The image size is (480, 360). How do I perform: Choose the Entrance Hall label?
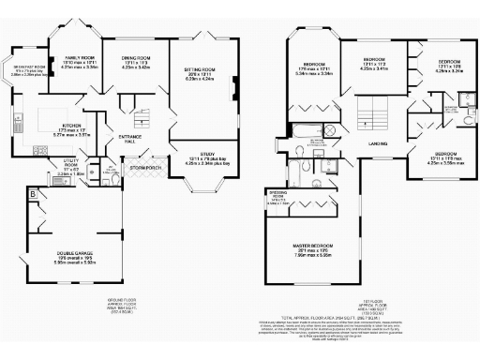point(130,139)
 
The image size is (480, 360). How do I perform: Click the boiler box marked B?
point(34,195)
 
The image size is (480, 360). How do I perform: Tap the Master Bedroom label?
point(312,246)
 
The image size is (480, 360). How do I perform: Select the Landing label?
point(378,142)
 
